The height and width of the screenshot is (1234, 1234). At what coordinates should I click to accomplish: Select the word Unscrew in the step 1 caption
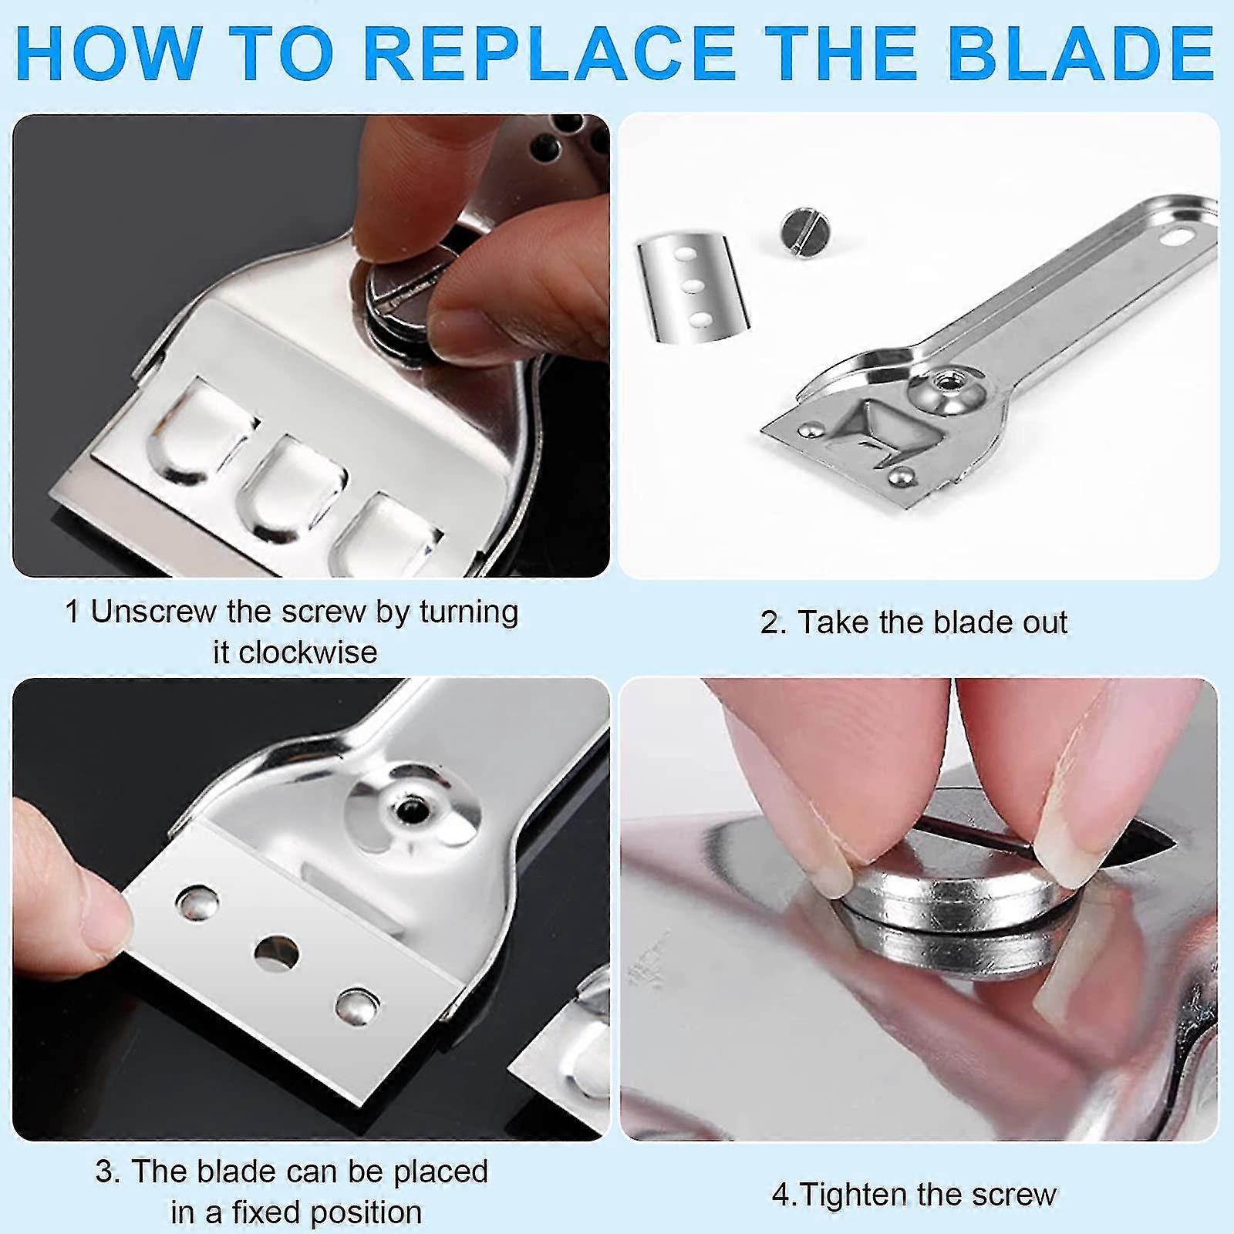pos(153,612)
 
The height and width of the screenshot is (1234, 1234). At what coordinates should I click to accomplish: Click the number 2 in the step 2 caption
pos(769,623)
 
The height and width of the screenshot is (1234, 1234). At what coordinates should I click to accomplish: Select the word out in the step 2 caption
pos(1045,623)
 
